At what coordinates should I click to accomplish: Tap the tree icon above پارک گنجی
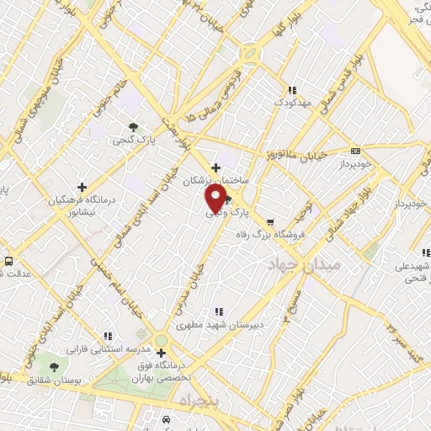[134, 127]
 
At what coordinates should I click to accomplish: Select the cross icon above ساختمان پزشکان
[216, 168]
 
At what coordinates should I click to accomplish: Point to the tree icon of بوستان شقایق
[55, 367]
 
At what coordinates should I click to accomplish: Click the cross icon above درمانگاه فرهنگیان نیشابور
[82, 187]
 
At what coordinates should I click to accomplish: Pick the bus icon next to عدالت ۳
[8, 261]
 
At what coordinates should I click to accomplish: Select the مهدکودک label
[292, 104]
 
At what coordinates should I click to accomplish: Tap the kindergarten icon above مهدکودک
[291, 90]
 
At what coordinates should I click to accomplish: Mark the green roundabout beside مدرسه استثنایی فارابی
[160, 341]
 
